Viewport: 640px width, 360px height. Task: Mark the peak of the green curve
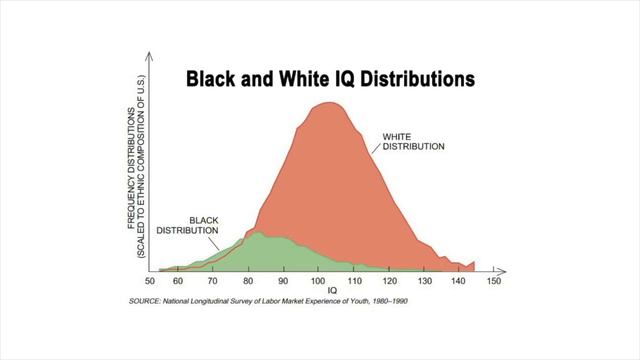[257, 232]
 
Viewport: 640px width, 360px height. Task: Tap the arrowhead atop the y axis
[150, 53]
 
